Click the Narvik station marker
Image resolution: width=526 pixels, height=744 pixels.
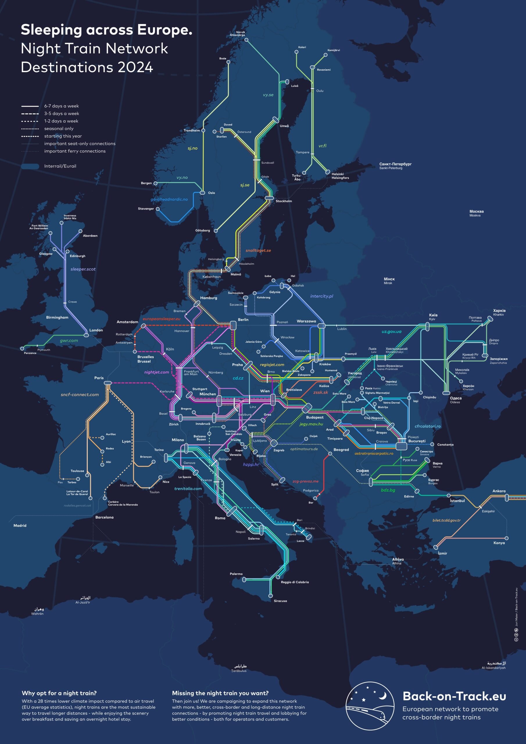pos(246,40)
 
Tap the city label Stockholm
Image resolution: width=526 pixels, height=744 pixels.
pos(284,201)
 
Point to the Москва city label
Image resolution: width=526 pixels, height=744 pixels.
pos(476,211)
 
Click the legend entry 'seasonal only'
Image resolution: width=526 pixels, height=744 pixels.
pos(59,129)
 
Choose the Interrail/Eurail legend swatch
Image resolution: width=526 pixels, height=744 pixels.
pos(30,166)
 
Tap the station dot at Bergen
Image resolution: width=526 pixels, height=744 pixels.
pos(155,183)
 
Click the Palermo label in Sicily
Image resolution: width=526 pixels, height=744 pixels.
pos(236,574)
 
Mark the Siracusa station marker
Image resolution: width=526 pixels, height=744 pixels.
pos(271,595)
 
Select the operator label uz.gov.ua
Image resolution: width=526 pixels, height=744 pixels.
pos(391,332)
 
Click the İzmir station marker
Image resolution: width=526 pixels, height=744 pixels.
pos(436,547)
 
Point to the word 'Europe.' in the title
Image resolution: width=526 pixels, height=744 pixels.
pos(165,30)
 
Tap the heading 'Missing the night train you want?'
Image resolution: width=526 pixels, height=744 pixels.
pos(220,693)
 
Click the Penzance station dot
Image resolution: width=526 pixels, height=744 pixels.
pos(22,349)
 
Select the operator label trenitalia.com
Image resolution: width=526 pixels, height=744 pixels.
pos(188,489)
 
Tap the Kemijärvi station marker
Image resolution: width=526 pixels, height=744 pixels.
pos(325,55)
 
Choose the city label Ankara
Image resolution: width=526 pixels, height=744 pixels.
pos(499,491)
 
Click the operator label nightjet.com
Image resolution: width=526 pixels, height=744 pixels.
pos(157,372)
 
